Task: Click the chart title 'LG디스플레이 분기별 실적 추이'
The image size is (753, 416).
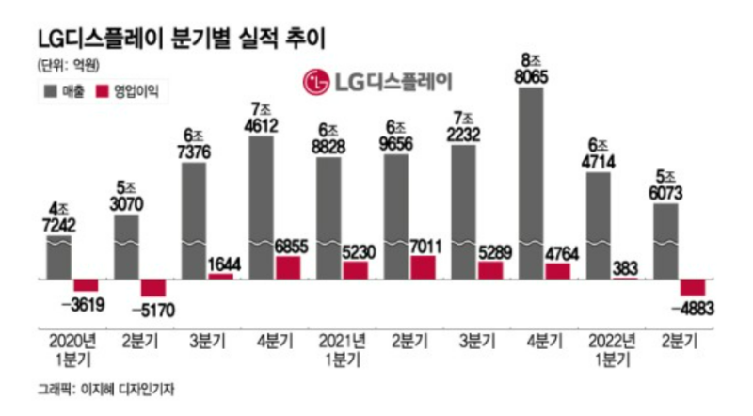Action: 182,38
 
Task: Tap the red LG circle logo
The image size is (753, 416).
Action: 315,82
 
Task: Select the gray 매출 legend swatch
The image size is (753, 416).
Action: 51,91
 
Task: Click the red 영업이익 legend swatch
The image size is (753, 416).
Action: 103,91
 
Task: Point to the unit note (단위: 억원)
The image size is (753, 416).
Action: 69,65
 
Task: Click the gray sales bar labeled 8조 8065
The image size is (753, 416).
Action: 531,183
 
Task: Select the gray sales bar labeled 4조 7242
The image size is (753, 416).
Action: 58,257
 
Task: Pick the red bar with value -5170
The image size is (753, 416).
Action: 153,288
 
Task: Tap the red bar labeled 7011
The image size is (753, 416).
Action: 423,267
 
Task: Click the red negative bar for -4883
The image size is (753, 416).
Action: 693,287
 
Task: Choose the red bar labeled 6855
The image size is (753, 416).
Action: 288,267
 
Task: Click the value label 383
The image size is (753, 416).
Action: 625,268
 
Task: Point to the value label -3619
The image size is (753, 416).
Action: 84,305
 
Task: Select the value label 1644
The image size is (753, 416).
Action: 224,264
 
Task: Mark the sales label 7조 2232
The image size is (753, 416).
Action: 463,127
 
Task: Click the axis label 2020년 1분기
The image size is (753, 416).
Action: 72,350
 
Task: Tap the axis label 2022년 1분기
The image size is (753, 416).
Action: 613,350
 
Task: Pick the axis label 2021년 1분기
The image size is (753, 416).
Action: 343,350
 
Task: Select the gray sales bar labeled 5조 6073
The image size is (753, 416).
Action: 666,241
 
